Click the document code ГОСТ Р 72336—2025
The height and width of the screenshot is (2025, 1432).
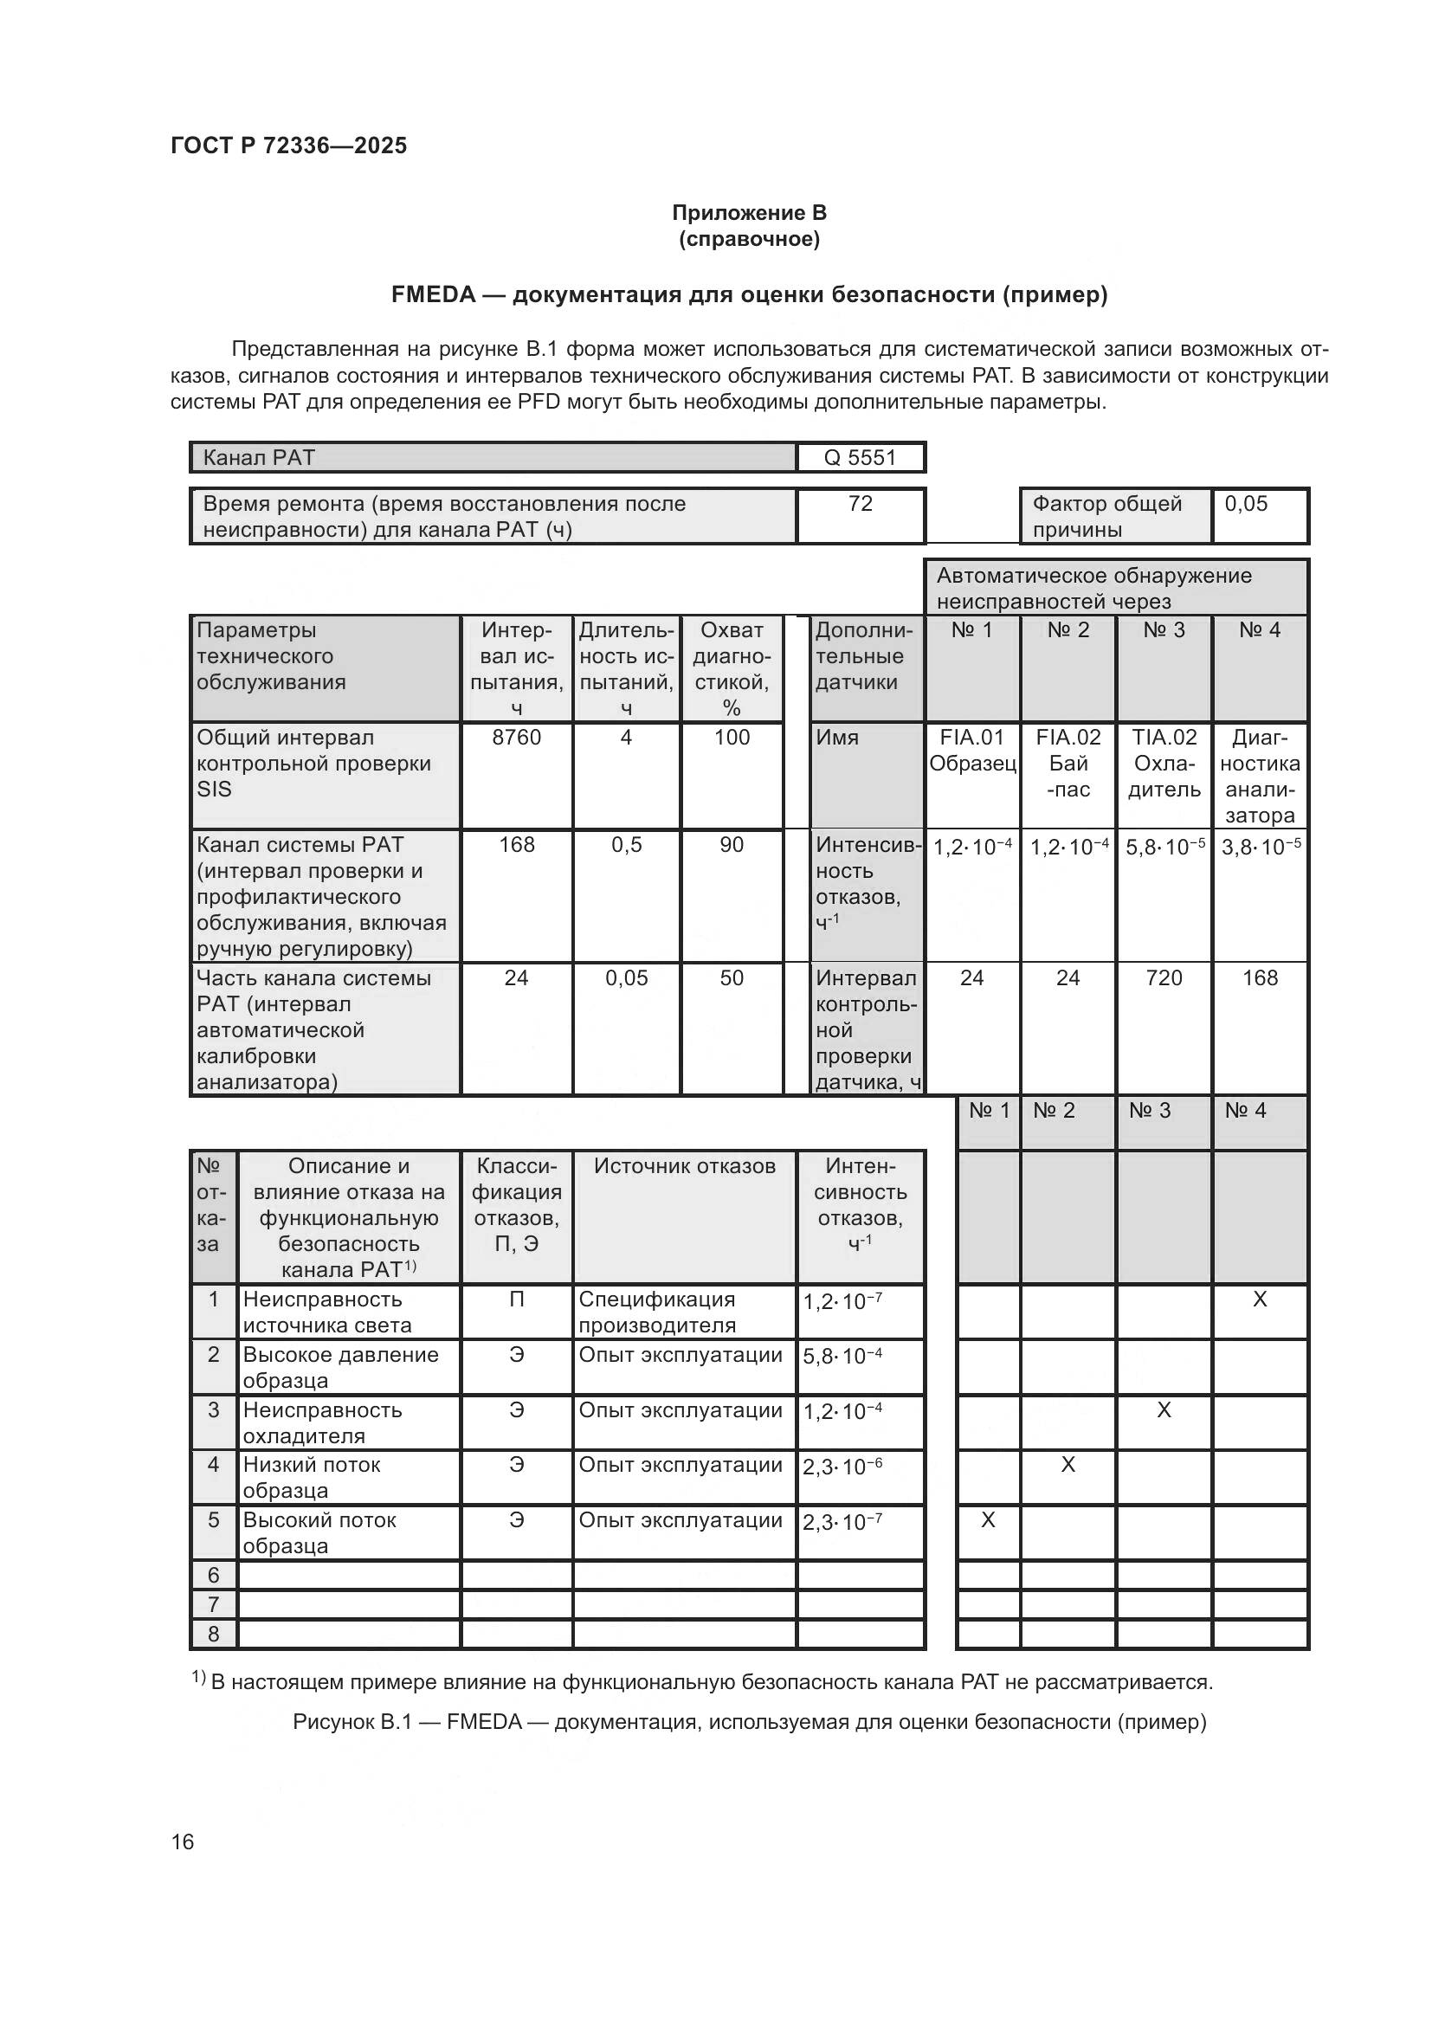(x=288, y=145)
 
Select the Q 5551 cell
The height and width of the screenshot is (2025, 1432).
(x=860, y=458)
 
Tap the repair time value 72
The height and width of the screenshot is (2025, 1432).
(x=860, y=504)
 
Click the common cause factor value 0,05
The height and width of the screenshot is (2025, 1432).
(x=1246, y=504)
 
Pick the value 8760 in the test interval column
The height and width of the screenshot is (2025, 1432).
(x=516, y=738)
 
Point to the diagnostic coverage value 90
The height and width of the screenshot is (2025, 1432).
(x=731, y=845)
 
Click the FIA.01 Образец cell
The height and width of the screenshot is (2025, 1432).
(x=971, y=751)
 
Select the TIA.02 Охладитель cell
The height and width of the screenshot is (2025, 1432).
(x=1164, y=764)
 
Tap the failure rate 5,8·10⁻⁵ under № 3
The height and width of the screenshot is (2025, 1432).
(x=1164, y=848)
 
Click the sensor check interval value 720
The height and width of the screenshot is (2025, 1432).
(x=1164, y=977)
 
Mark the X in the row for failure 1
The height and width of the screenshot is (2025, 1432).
(x=1260, y=1299)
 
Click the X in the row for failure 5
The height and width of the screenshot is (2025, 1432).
(x=988, y=1519)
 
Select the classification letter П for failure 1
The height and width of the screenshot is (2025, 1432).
(x=516, y=1299)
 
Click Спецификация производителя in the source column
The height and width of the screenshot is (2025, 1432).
(x=657, y=1312)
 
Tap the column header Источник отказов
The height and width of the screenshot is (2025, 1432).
(x=684, y=1166)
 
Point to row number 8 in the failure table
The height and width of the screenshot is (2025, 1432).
(x=213, y=1634)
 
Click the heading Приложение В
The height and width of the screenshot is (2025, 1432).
(x=749, y=213)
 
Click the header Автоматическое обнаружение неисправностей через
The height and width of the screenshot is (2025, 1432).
(x=1093, y=588)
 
